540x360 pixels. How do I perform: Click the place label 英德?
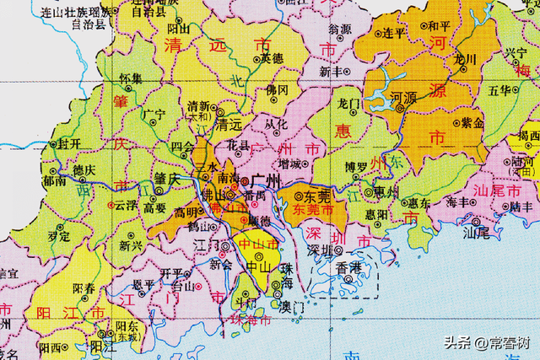click(272, 59)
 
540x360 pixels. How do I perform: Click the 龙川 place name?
click(466, 59)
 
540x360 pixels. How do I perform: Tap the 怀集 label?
click(130, 78)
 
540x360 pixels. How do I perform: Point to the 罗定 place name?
click(58, 238)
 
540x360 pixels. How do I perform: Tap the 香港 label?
click(348, 267)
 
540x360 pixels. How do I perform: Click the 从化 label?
click(277, 125)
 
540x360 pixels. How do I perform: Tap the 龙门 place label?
click(349, 104)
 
